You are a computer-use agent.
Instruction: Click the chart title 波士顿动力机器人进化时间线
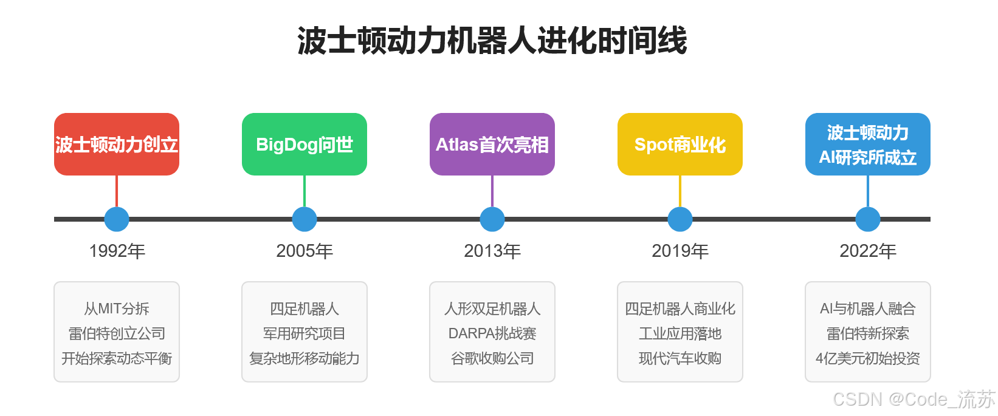coord(492,41)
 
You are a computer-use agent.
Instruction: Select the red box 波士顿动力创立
coord(117,145)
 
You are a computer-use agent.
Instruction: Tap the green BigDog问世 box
coord(305,145)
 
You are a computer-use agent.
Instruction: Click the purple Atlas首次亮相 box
coord(492,145)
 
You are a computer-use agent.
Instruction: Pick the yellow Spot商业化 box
coord(680,145)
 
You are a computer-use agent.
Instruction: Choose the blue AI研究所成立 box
coord(867,145)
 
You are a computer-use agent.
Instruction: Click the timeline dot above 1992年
coord(117,219)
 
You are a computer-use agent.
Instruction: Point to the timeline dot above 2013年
coord(492,219)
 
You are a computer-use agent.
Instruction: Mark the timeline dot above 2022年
coord(867,219)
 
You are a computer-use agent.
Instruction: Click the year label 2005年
coord(305,251)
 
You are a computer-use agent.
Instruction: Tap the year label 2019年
coord(680,251)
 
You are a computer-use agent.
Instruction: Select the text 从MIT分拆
coord(117,309)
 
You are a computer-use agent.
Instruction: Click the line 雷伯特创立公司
coord(117,333)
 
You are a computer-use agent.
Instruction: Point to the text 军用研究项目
coord(305,333)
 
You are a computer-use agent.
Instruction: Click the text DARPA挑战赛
coord(492,333)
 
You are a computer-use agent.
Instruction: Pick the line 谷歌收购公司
coord(492,358)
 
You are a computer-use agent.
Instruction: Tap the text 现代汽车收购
coord(680,358)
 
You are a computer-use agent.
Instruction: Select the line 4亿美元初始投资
coord(867,358)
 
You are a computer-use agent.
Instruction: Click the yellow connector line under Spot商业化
coord(680,191)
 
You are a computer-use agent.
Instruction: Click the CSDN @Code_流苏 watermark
coord(914,399)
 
